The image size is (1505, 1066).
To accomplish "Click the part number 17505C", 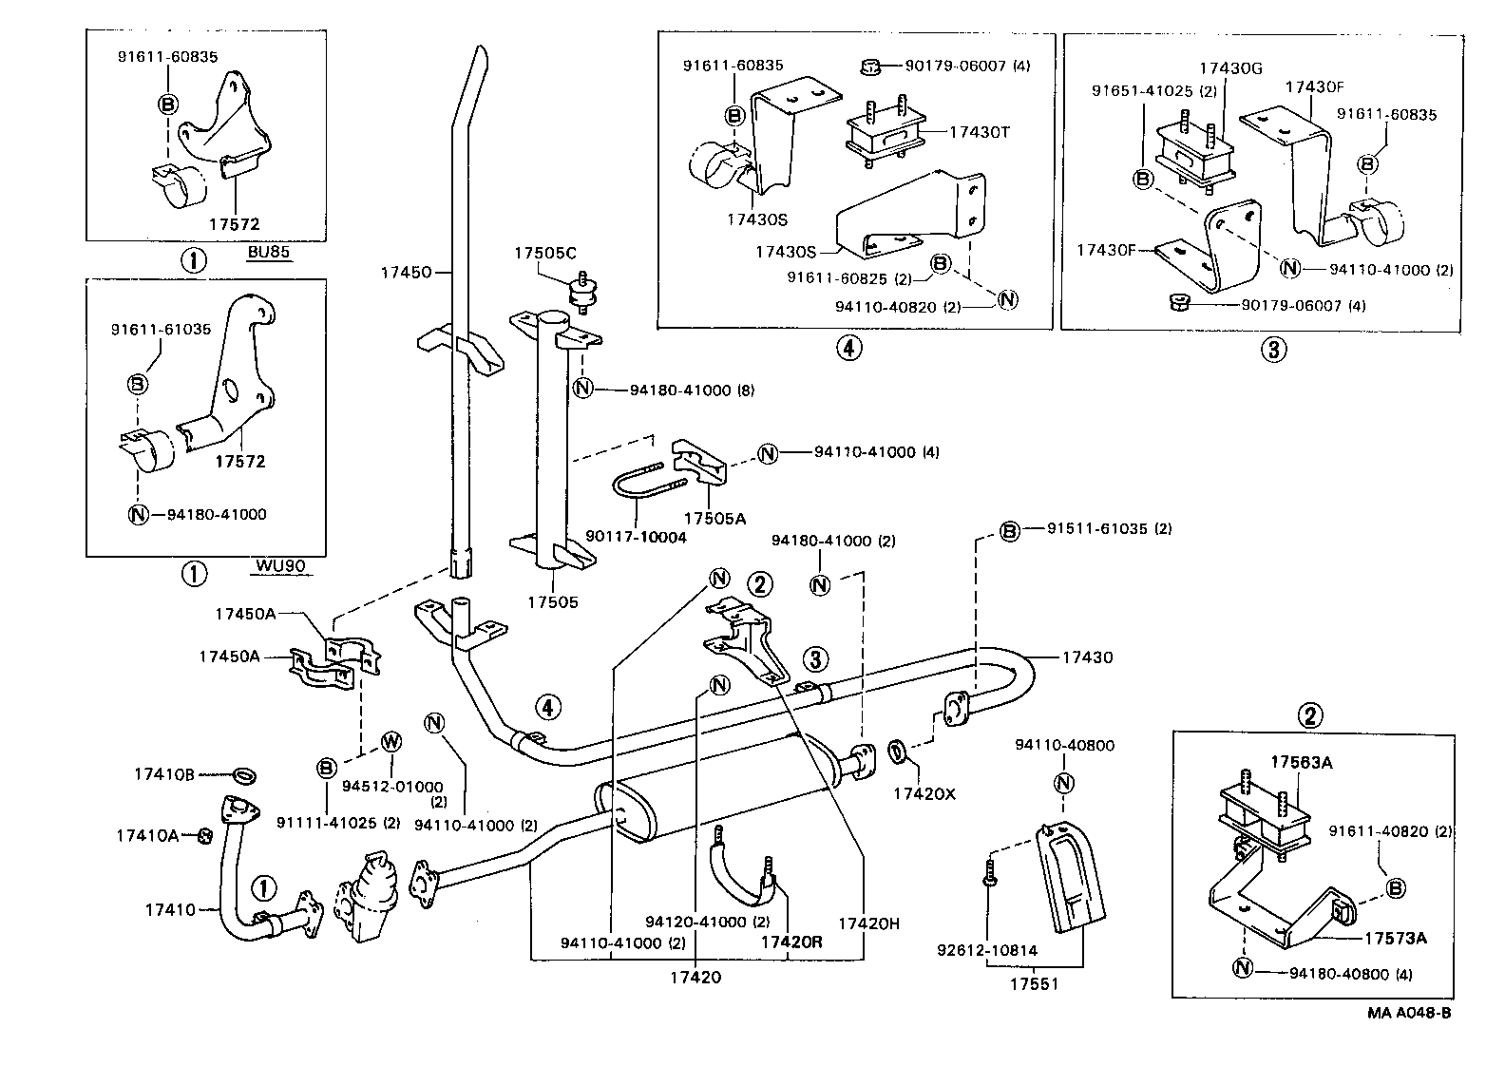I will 545,253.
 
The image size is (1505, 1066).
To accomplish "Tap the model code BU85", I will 268,252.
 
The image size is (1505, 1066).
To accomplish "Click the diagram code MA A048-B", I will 1409,1013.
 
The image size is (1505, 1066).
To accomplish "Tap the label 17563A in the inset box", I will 1302,762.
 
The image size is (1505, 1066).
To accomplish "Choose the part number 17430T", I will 979,132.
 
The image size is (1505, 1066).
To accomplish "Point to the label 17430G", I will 1230,68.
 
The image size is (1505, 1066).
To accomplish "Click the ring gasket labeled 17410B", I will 243,776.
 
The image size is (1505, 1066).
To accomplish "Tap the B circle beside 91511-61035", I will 1009,531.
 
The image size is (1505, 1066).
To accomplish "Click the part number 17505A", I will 714,518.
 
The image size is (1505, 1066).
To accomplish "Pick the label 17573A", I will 1396,939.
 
